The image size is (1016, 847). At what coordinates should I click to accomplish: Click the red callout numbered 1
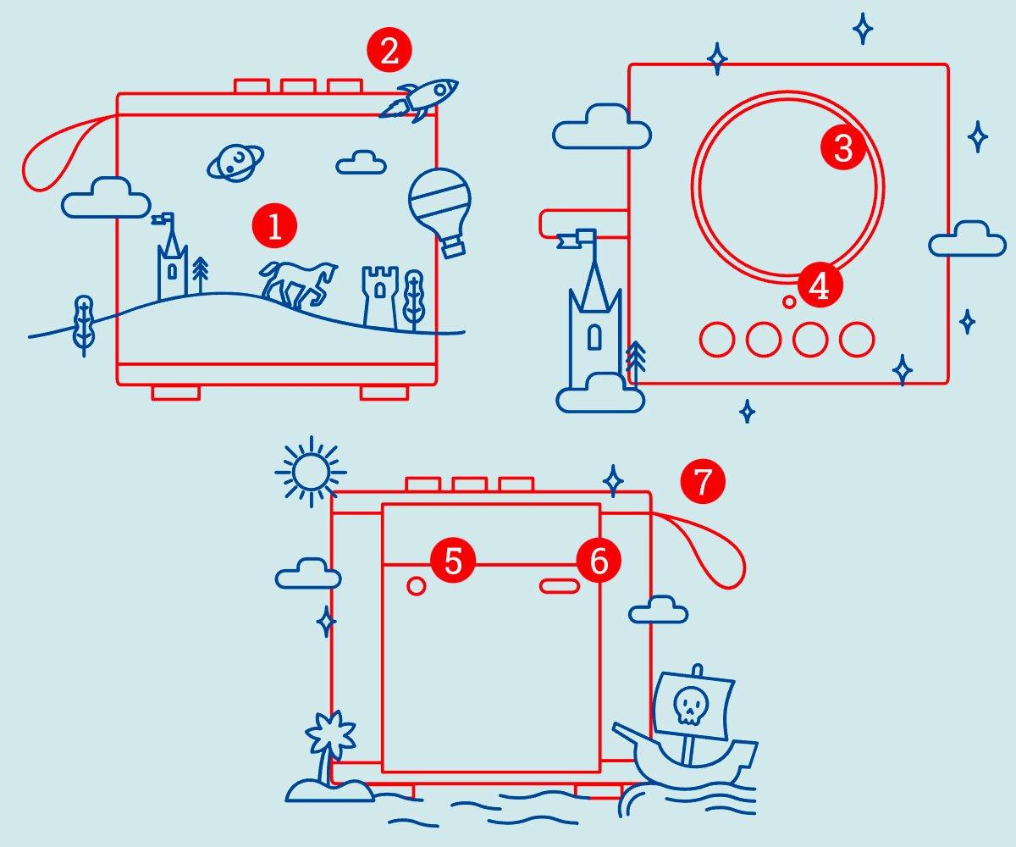(x=274, y=227)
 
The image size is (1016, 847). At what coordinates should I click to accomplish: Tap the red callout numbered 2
(x=389, y=52)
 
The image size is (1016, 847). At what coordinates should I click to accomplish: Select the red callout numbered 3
(x=843, y=148)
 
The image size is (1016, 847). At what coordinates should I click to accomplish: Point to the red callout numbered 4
(x=819, y=287)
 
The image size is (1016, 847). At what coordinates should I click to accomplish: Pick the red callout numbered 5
(x=453, y=562)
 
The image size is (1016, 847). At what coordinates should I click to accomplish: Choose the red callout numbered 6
(x=599, y=562)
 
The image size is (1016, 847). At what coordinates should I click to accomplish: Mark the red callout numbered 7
(x=703, y=482)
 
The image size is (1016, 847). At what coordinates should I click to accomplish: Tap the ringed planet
(x=235, y=161)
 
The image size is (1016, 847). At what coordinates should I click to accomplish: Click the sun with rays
(x=311, y=471)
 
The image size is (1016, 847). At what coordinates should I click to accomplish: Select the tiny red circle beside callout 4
(x=789, y=301)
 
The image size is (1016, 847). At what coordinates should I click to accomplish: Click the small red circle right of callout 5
(x=417, y=585)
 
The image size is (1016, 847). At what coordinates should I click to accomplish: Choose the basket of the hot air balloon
(x=454, y=246)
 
